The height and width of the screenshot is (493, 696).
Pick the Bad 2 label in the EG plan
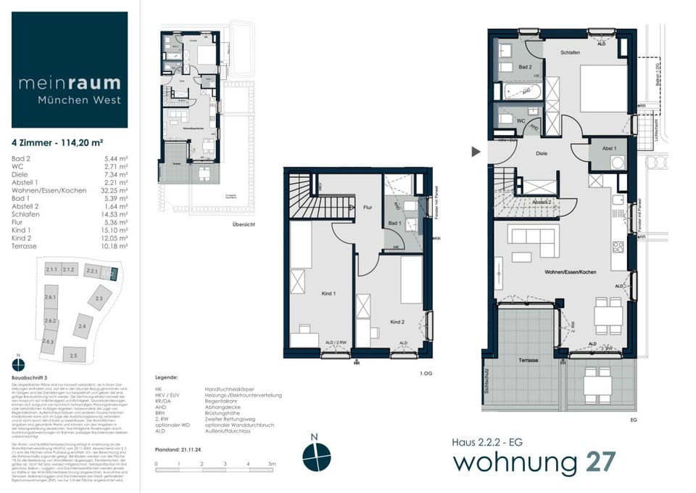525,67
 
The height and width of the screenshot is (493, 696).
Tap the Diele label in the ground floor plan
541,153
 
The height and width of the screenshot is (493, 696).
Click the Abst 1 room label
608,149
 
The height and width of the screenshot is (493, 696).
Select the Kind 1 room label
328,293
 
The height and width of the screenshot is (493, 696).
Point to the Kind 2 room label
397,321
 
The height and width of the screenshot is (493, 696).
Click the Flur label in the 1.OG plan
368,207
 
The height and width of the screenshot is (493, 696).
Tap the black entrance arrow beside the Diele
476,152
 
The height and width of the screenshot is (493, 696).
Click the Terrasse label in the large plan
527,360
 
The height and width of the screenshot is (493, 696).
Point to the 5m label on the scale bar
273,463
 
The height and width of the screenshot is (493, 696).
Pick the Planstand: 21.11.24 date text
177,449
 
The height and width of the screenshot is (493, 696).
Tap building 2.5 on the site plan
73,355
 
